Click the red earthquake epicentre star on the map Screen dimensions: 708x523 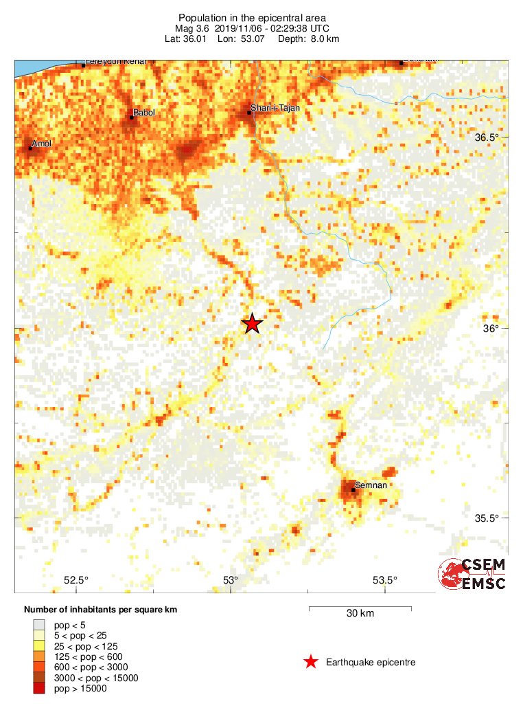pyautogui.click(x=253, y=324)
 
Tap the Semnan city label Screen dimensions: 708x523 pyautogui.click(x=371, y=485)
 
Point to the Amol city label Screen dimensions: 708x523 pyautogui.click(x=42, y=144)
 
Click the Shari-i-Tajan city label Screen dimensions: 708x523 pyautogui.click(x=275, y=108)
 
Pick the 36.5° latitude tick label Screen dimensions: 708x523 pyautogui.click(x=487, y=137)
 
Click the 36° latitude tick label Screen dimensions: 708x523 pyautogui.click(x=490, y=328)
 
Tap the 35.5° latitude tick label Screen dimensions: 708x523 pyautogui.click(x=487, y=518)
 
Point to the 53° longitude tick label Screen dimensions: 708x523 pyautogui.click(x=231, y=579)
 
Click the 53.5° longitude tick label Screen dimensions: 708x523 pyautogui.click(x=384, y=579)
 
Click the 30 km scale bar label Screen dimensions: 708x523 pyautogui.click(x=360, y=613)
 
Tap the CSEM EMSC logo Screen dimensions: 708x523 pyautogui.click(x=472, y=574)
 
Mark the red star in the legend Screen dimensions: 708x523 pyautogui.click(x=311, y=662)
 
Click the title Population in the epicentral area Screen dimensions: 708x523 pyautogui.click(x=252, y=18)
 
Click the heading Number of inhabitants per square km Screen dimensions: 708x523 pyautogui.click(x=105, y=610)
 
